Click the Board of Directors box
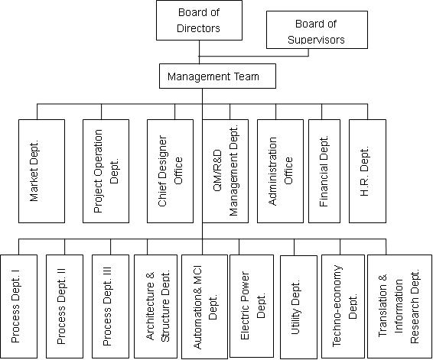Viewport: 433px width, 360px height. [199, 20]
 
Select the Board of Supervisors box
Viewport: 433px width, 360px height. [317, 30]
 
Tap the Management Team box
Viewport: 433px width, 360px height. [217, 76]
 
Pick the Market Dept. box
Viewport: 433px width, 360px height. [42, 171]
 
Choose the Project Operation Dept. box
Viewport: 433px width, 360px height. [106, 171]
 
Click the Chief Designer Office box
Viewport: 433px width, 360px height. [170, 171]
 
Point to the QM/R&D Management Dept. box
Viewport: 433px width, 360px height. [226, 171]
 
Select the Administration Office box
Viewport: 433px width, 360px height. [280, 171]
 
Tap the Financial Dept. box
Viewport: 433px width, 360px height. [324, 171]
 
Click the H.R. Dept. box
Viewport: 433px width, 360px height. [367, 171]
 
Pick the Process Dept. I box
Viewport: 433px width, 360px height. [19, 306]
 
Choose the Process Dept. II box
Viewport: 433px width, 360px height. [64, 306]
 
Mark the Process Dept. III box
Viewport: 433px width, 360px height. [110, 306]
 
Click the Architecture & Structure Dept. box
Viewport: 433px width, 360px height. [155, 306]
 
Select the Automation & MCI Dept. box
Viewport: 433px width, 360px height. [204, 306]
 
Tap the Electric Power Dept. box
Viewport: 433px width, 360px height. [252, 306]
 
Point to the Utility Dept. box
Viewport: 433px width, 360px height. [298, 306]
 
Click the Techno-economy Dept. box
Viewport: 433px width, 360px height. [343, 306]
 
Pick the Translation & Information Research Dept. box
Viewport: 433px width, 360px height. [399, 306]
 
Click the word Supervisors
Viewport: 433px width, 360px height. [316, 40]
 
